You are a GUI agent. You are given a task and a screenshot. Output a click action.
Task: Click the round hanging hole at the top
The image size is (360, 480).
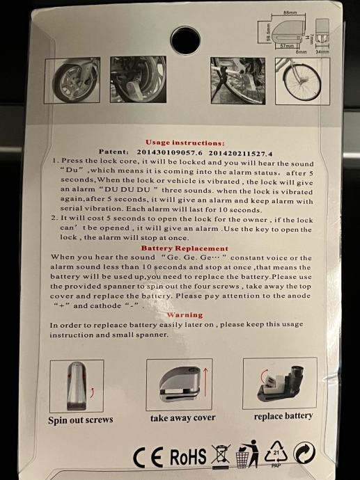pyautogui.click(x=185, y=41)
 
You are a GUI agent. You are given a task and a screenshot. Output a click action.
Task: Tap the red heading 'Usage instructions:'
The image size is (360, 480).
pyautogui.click(x=185, y=143)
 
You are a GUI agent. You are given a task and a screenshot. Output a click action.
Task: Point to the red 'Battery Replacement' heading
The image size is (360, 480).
pyautogui.click(x=185, y=248)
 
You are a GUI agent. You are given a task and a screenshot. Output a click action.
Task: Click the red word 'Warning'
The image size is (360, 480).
pyautogui.click(x=185, y=314)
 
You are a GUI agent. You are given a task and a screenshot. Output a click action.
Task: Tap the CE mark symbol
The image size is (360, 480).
pyautogui.click(x=148, y=457)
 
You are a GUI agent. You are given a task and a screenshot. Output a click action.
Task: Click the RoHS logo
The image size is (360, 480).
pyautogui.click(x=188, y=457)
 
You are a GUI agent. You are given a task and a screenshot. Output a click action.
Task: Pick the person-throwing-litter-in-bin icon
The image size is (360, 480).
pyautogui.click(x=247, y=454)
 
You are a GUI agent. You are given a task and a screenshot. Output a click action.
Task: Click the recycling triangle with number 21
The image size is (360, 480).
pyautogui.click(x=276, y=453)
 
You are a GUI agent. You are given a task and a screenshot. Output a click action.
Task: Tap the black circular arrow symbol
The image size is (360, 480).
pyautogui.click(x=304, y=453)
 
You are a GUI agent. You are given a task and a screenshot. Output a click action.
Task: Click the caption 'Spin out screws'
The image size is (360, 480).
pyautogui.click(x=81, y=419)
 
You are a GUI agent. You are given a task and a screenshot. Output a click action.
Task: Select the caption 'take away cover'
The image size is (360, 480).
pyautogui.click(x=183, y=418)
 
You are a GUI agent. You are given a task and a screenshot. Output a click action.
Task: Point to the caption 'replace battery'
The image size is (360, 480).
pyautogui.click(x=283, y=416)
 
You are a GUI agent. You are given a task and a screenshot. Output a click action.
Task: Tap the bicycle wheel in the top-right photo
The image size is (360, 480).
pyautogui.click(x=302, y=81)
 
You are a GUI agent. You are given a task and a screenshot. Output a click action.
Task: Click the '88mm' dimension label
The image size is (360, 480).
pyautogui.click(x=290, y=13)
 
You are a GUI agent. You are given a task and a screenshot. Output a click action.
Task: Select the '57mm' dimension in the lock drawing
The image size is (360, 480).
pyautogui.click(x=287, y=46)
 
